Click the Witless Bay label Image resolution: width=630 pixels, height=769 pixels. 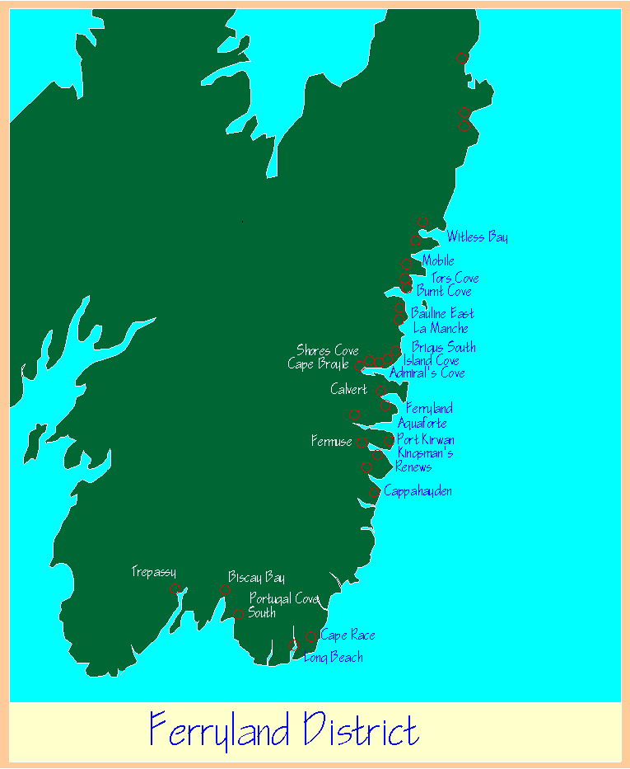[x=477, y=237]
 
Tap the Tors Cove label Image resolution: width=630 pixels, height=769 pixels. [x=455, y=278]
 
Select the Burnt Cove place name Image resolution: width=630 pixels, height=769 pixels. [x=444, y=291]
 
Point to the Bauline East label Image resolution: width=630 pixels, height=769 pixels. [x=442, y=313]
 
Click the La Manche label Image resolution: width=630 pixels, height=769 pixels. [x=441, y=328]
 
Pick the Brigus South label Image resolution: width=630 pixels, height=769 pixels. [x=443, y=347]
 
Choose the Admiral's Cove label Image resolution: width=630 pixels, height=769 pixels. [x=427, y=373]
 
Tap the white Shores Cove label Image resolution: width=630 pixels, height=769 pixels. [x=328, y=351]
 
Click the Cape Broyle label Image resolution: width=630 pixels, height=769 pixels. [x=318, y=364]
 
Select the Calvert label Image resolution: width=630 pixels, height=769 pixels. [x=348, y=389]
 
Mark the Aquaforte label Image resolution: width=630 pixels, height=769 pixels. [x=422, y=423]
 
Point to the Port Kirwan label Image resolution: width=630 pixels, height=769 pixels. [x=425, y=439]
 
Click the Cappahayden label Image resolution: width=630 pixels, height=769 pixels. [x=418, y=491]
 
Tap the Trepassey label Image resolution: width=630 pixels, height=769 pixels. [x=153, y=572]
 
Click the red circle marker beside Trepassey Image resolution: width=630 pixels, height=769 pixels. [x=175, y=588]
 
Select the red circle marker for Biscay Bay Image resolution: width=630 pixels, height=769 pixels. [x=225, y=589]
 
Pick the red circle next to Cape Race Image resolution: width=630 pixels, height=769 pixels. [x=311, y=635]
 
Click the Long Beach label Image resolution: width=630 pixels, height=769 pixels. [x=334, y=657]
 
